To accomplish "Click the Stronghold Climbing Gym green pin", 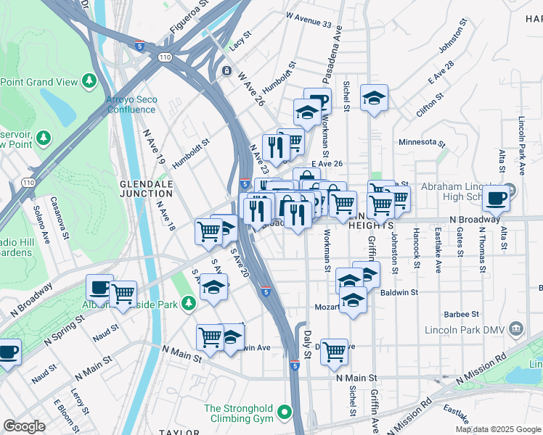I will click(x=285, y=414).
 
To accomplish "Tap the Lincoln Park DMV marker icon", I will click(x=515, y=329).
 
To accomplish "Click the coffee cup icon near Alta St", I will click(x=497, y=197).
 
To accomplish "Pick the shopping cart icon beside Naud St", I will click(x=123, y=294).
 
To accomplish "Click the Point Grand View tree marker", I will click(x=90, y=79).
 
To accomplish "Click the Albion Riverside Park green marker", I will click(x=189, y=302).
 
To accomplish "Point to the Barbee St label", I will click(x=462, y=315).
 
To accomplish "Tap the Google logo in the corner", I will click(x=24, y=426).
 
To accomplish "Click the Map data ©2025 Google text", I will click(x=499, y=429).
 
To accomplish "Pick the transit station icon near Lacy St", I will click(x=227, y=71).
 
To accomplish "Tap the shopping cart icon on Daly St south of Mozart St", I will click(x=334, y=351).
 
